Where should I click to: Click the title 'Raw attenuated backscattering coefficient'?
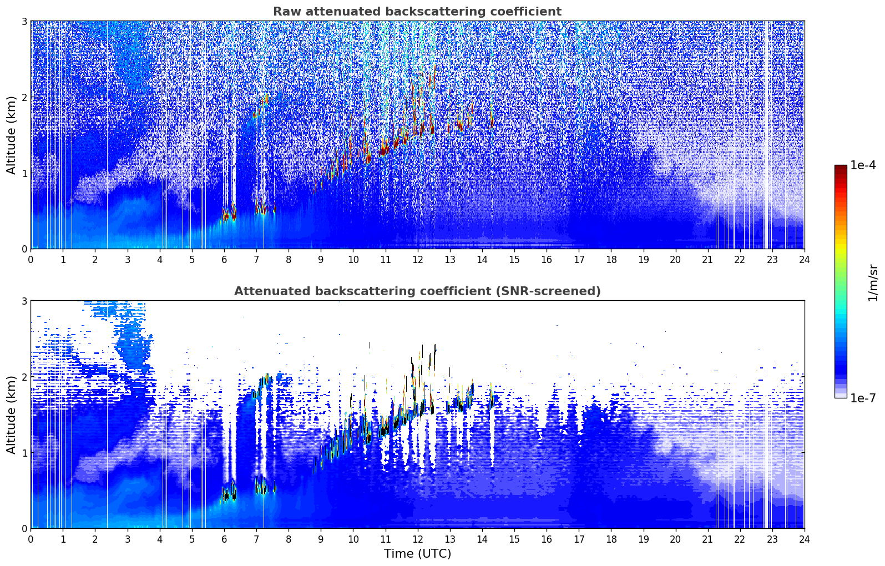[x=417, y=12]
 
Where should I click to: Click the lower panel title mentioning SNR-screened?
[x=417, y=291]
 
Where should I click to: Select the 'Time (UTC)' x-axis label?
[x=417, y=554]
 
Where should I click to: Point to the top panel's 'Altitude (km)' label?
[x=12, y=135]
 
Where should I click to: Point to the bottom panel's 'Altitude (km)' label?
[x=12, y=415]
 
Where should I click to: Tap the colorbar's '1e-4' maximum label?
[x=863, y=165]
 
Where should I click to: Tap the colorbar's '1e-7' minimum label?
[x=863, y=398]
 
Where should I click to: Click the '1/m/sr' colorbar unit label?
[x=873, y=282]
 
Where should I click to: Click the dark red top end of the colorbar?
[x=841, y=168]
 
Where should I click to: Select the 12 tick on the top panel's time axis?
[x=417, y=259]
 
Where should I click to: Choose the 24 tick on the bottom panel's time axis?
[x=804, y=539]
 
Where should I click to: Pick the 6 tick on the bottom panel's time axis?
[x=224, y=539]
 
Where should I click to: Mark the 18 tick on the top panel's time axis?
[x=611, y=259]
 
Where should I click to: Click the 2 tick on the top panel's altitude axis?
[x=24, y=97]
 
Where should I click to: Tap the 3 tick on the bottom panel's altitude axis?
[x=24, y=301]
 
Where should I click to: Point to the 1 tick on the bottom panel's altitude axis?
[x=24, y=453]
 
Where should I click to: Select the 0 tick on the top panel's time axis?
[x=31, y=259]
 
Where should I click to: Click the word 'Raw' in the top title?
[x=285, y=12]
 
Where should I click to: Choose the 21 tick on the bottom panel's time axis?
[x=707, y=539]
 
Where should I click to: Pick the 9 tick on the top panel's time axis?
[x=321, y=259]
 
